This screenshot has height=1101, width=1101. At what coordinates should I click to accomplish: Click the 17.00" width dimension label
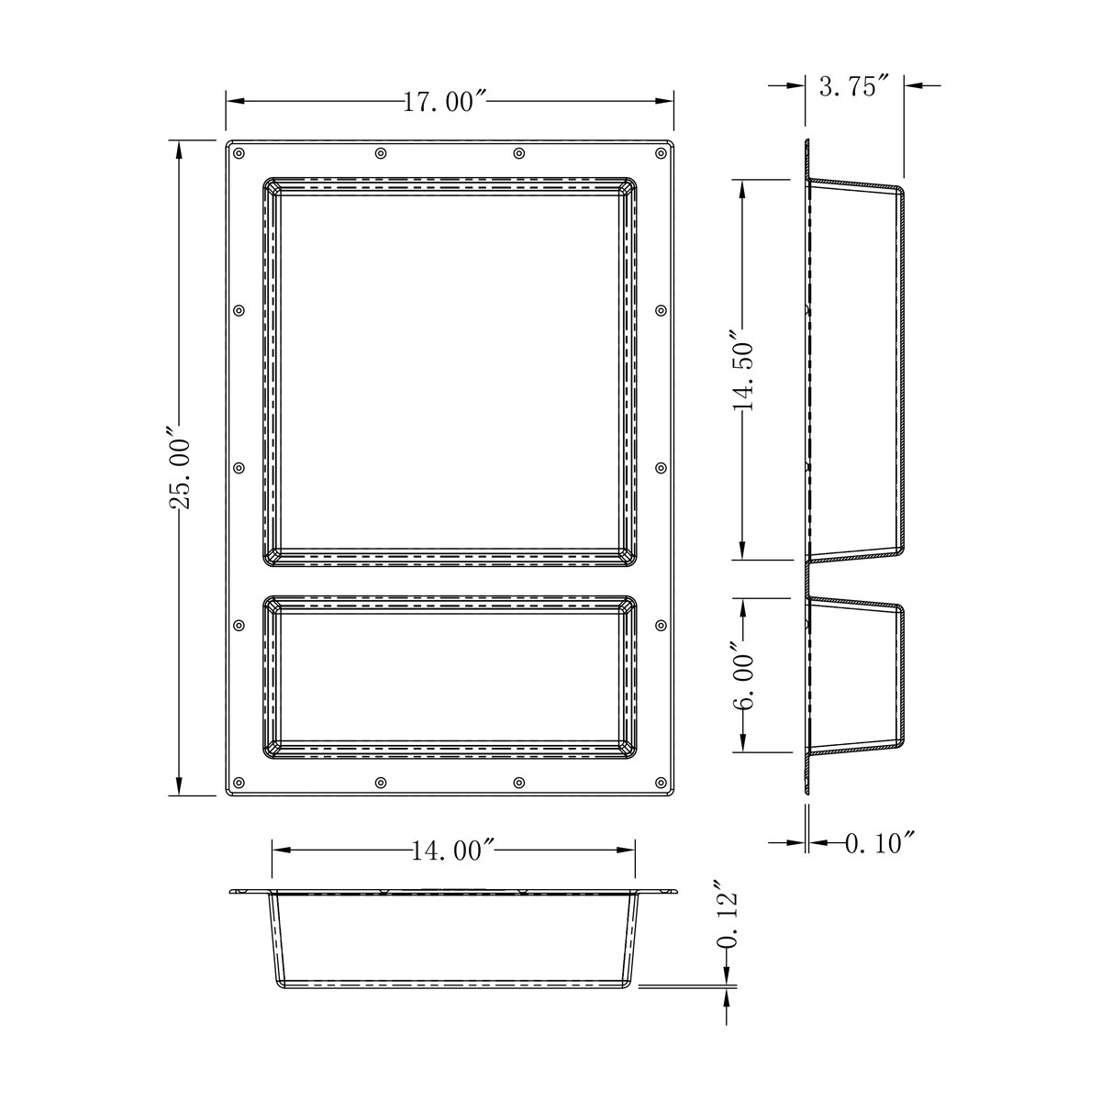[445, 102]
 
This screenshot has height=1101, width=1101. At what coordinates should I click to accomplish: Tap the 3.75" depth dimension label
[854, 86]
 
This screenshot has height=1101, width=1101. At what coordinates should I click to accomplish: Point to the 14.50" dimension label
[742, 368]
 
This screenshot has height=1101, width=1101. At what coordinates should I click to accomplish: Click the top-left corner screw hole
[239, 153]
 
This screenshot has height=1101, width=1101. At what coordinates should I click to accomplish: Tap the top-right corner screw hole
[661, 153]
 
